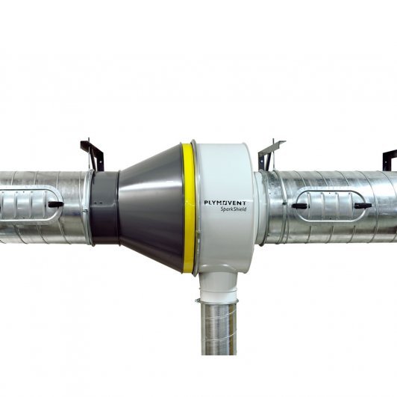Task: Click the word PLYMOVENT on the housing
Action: tap(225, 203)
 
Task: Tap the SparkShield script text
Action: tap(233, 209)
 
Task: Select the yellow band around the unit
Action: tap(187, 208)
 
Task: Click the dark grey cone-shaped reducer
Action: tap(151, 208)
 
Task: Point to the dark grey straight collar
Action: tap(104, 209)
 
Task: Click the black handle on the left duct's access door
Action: tap(56, 204)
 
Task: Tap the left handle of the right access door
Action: tap(300, 206)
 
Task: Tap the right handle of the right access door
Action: tap(363, 206)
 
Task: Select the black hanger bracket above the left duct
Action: tap(93, 154)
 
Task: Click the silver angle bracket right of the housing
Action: tap(270, 153)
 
